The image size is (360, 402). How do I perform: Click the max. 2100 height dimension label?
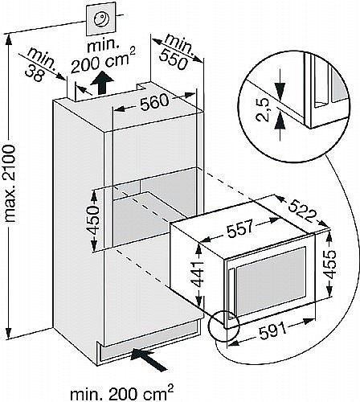point(10,183)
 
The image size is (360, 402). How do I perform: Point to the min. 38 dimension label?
point(39,64)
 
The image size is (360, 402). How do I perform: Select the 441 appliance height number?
point(198,274)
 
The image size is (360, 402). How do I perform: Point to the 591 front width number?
point(272,329)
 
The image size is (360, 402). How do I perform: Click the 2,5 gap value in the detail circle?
point(263,110)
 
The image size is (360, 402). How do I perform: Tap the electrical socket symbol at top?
point(101,19)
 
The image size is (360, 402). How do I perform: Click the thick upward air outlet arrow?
point(101,83)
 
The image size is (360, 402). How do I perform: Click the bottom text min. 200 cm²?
point(122,393)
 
